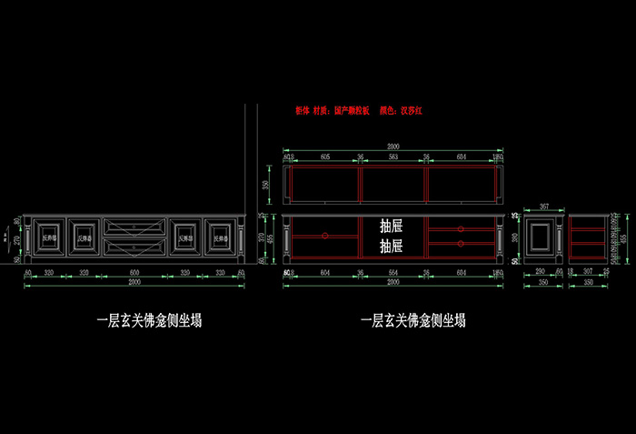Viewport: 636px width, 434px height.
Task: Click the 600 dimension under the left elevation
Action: (134, 272)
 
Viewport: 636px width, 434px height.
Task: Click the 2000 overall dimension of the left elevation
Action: (134, 283)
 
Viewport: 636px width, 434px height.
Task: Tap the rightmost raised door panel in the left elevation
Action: (220, 237)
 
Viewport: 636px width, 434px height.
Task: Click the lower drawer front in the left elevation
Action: (134, 246)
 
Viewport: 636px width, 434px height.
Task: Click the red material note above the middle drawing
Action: (360, 111)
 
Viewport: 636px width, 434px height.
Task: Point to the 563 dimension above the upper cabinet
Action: (393, 156)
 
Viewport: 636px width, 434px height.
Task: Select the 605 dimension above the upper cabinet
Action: (324, 156)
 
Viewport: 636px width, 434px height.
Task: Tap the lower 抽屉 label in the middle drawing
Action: (392, 246)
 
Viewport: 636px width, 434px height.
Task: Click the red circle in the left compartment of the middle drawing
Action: (323, 236)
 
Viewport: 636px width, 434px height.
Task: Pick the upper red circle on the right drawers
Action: (461, 228)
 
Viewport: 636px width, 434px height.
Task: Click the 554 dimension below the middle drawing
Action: (393, 272)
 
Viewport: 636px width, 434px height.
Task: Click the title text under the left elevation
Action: (149, 320)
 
